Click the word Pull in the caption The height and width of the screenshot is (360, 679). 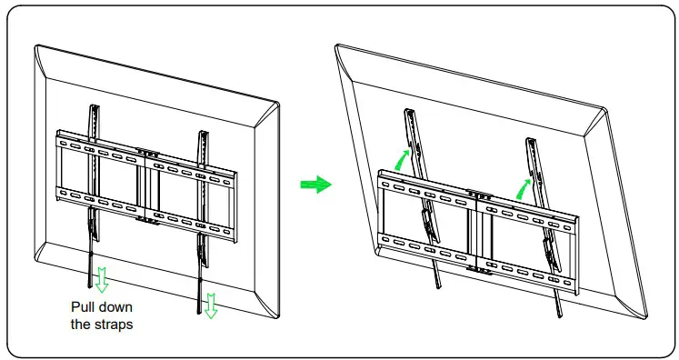(85, 307)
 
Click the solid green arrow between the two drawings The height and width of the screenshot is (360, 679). (315, 185)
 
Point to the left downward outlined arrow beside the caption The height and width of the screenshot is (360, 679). (102, 279)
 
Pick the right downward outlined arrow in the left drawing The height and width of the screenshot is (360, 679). (211, 306)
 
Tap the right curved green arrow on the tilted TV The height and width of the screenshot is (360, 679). (524, 187)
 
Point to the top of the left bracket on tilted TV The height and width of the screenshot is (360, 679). (408, 113)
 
